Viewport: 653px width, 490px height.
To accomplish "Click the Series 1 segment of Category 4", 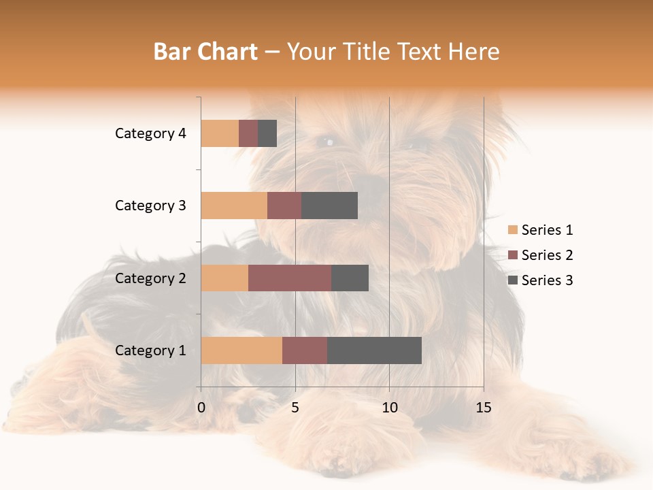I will [x=220, y=133].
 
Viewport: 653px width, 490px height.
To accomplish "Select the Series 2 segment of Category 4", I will [x=248, y=133].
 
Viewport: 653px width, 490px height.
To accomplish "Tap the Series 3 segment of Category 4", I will [x=267, y=133].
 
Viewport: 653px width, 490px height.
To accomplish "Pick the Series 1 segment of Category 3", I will [x=234, y=206].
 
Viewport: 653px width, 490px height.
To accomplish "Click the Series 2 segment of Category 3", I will [x=284, y=206].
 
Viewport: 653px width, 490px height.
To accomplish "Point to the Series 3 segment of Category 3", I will [x=329, y=206].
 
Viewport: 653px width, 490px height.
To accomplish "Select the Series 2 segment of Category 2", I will [x=290, y=278].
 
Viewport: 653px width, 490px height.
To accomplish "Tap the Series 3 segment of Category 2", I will [x=350, y=278].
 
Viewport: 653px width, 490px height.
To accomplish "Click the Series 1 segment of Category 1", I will [x=241, y=350].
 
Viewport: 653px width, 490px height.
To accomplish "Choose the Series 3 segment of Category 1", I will [x=374, y=350].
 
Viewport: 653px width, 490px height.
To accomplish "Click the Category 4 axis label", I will [x=150, y=133].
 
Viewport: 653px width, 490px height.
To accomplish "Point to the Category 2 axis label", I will [x=150, y=278].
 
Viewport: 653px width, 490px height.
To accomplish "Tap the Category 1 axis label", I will [x=150, y=350].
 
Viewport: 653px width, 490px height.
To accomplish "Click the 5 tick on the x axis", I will [x=295, y=408].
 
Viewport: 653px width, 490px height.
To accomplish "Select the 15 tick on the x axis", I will [x=484, y=408].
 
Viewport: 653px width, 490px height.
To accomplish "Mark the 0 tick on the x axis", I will [x=201, y=408].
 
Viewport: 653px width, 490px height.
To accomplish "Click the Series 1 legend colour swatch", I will [x=513, y=230].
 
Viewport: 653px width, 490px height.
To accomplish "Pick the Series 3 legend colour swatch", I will [x=513, y=280].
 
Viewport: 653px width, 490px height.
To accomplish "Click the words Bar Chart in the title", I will [x=205, y=52].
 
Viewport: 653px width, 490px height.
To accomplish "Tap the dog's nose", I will [x=371, y=182].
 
